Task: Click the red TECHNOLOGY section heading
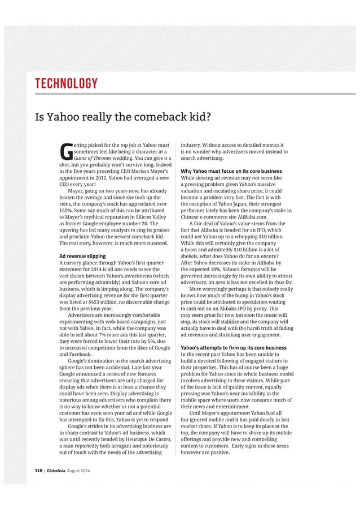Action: [x=67, y=85]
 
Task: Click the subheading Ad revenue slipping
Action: [x=82, y=256]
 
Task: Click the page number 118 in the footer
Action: [x=39, y=470]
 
